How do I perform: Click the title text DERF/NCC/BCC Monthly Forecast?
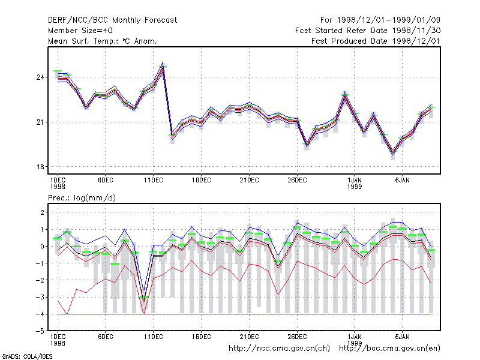[x=112, y=20]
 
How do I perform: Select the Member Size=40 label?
[x=80, y=31]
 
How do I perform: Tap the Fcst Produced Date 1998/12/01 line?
[x=376, y=41]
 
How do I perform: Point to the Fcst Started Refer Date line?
[x=368, y=31]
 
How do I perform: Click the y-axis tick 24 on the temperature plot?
[x=40, y=77]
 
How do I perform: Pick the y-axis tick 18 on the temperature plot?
[x=40, y=167]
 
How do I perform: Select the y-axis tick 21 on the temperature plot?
[x=40, y=122]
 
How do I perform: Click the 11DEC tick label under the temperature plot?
[x=154, y=181]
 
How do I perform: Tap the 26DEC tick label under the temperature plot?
[x=297, y=181]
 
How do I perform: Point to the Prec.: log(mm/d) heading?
[x=82, y=198]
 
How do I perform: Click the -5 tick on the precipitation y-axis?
[x=40, y=331]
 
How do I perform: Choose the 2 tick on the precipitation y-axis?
[x=42, y=212]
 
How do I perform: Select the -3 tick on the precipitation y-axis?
[x=40, y=297]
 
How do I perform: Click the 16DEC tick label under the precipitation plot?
[x=201, y=337]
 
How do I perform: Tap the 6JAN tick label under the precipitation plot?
[x=402, y=337]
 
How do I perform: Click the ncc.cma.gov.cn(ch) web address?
[x=279, y=349]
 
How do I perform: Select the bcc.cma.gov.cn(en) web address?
[x=389, y=349]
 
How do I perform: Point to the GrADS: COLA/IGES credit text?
[x=27, y=356]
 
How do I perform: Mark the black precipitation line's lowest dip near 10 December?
[x=144, y=302]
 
